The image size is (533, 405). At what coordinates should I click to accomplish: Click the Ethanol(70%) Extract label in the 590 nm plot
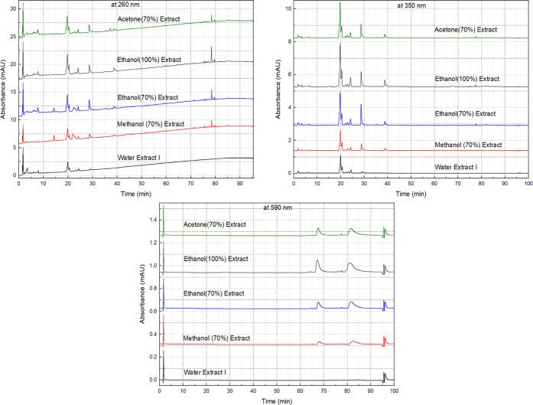point(214,293)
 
